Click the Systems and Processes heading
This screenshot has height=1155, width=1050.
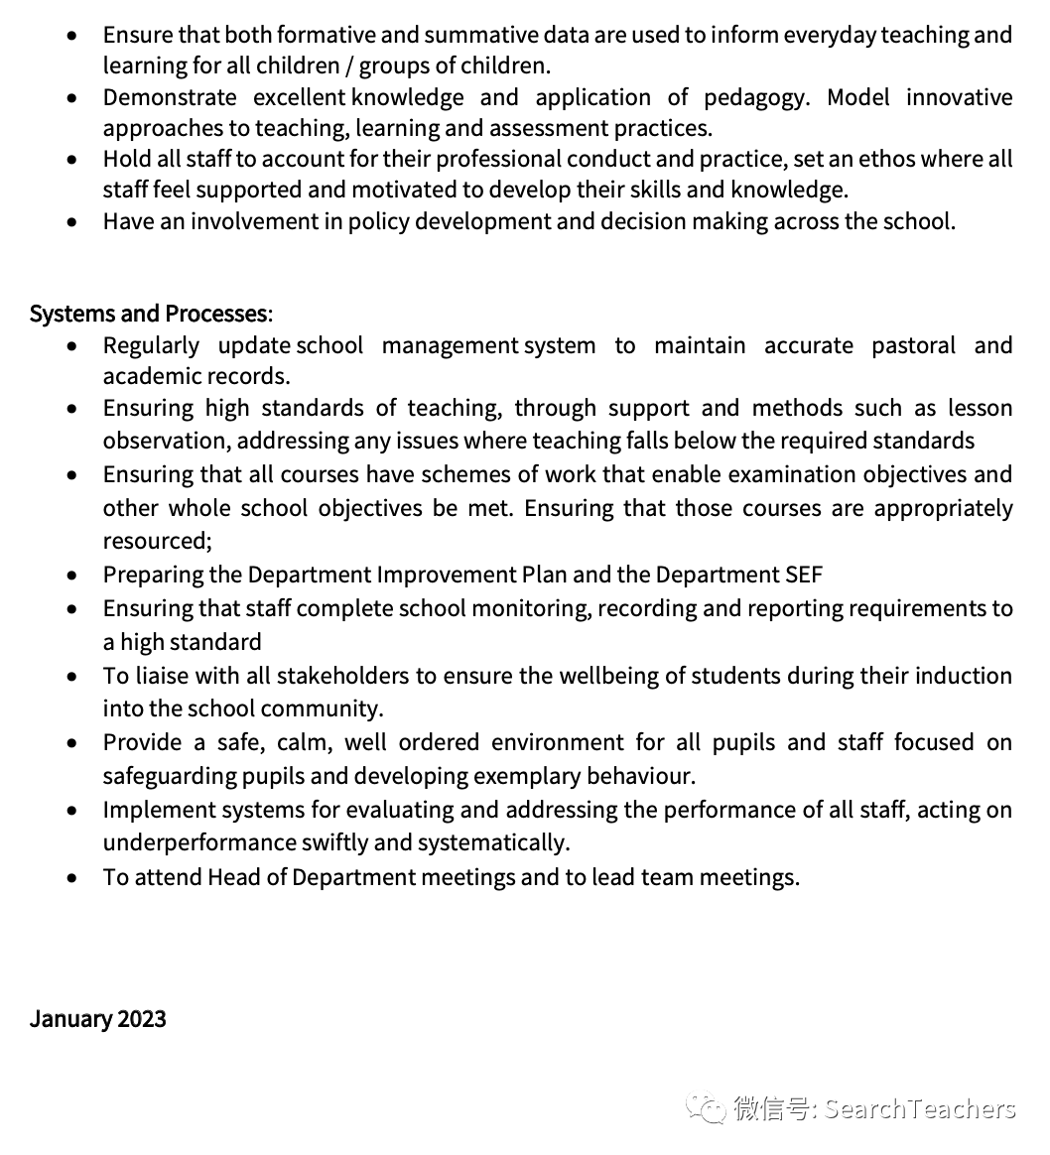pos(149,314)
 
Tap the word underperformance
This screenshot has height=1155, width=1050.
pos(197,842)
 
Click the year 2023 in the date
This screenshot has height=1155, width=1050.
pos(141,1019)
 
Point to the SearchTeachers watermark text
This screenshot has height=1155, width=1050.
pos(920,1108)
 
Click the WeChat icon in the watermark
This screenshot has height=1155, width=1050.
pos(708,1108)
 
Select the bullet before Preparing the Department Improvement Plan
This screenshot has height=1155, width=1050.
pos(71,576)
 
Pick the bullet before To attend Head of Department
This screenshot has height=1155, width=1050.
pos(71,878)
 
